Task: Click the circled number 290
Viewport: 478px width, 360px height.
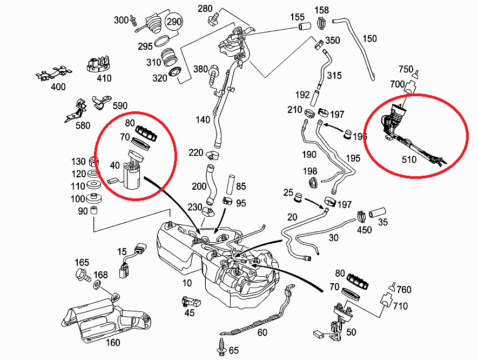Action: click(173, 22)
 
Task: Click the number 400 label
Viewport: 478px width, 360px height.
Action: click(58, 86)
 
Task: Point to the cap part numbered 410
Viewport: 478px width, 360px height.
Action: click(99, 63)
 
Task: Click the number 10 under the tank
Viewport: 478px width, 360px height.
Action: click(187, 283)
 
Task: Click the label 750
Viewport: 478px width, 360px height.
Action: click(406, 69)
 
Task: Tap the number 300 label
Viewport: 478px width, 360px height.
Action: click(121, 20)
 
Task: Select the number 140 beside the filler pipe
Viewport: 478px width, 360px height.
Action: click(203, 120)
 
